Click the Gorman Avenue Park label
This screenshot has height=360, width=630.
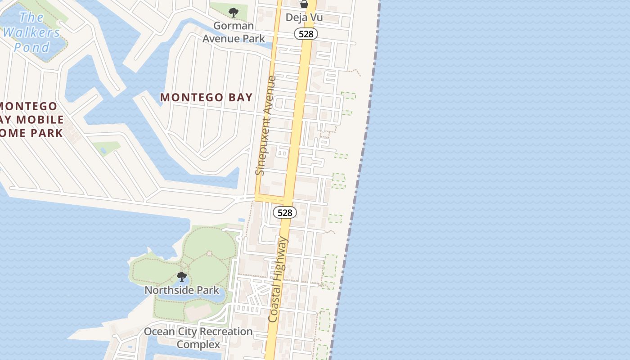pyautogui.click(x=234, y=32)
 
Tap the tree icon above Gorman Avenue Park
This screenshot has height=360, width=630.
pyautogui.click(x=234, y=13)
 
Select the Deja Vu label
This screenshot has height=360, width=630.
pyautogui.click(x=304, y=18)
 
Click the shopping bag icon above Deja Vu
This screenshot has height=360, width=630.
pyautogui.click(x=304, y=4)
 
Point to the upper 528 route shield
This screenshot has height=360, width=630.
pyautogui.click(x=306, y=34)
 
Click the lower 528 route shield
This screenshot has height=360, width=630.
pyautogui.click(x=285, y=212)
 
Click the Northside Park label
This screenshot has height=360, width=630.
pyautogui.click(x=182, y=290)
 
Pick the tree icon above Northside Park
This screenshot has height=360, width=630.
pyautogui.click(x=182, y=277)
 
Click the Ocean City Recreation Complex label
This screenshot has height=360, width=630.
pyautogui.click(x=198, y=338)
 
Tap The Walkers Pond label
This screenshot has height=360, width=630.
pyautogui.click(x=31, y=32)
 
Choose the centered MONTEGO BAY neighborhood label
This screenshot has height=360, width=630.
pyautogui.click(x=207, y=97)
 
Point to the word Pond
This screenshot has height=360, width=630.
pyautogui.click(x=32, y=47)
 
